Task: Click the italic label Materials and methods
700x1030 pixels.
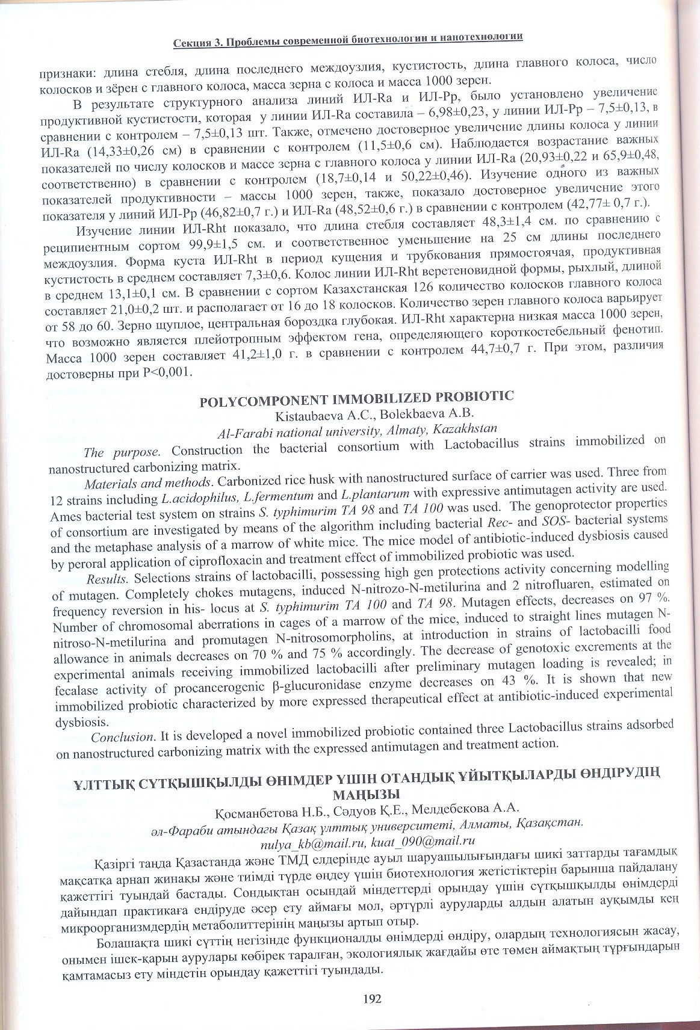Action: coord(148,483)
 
